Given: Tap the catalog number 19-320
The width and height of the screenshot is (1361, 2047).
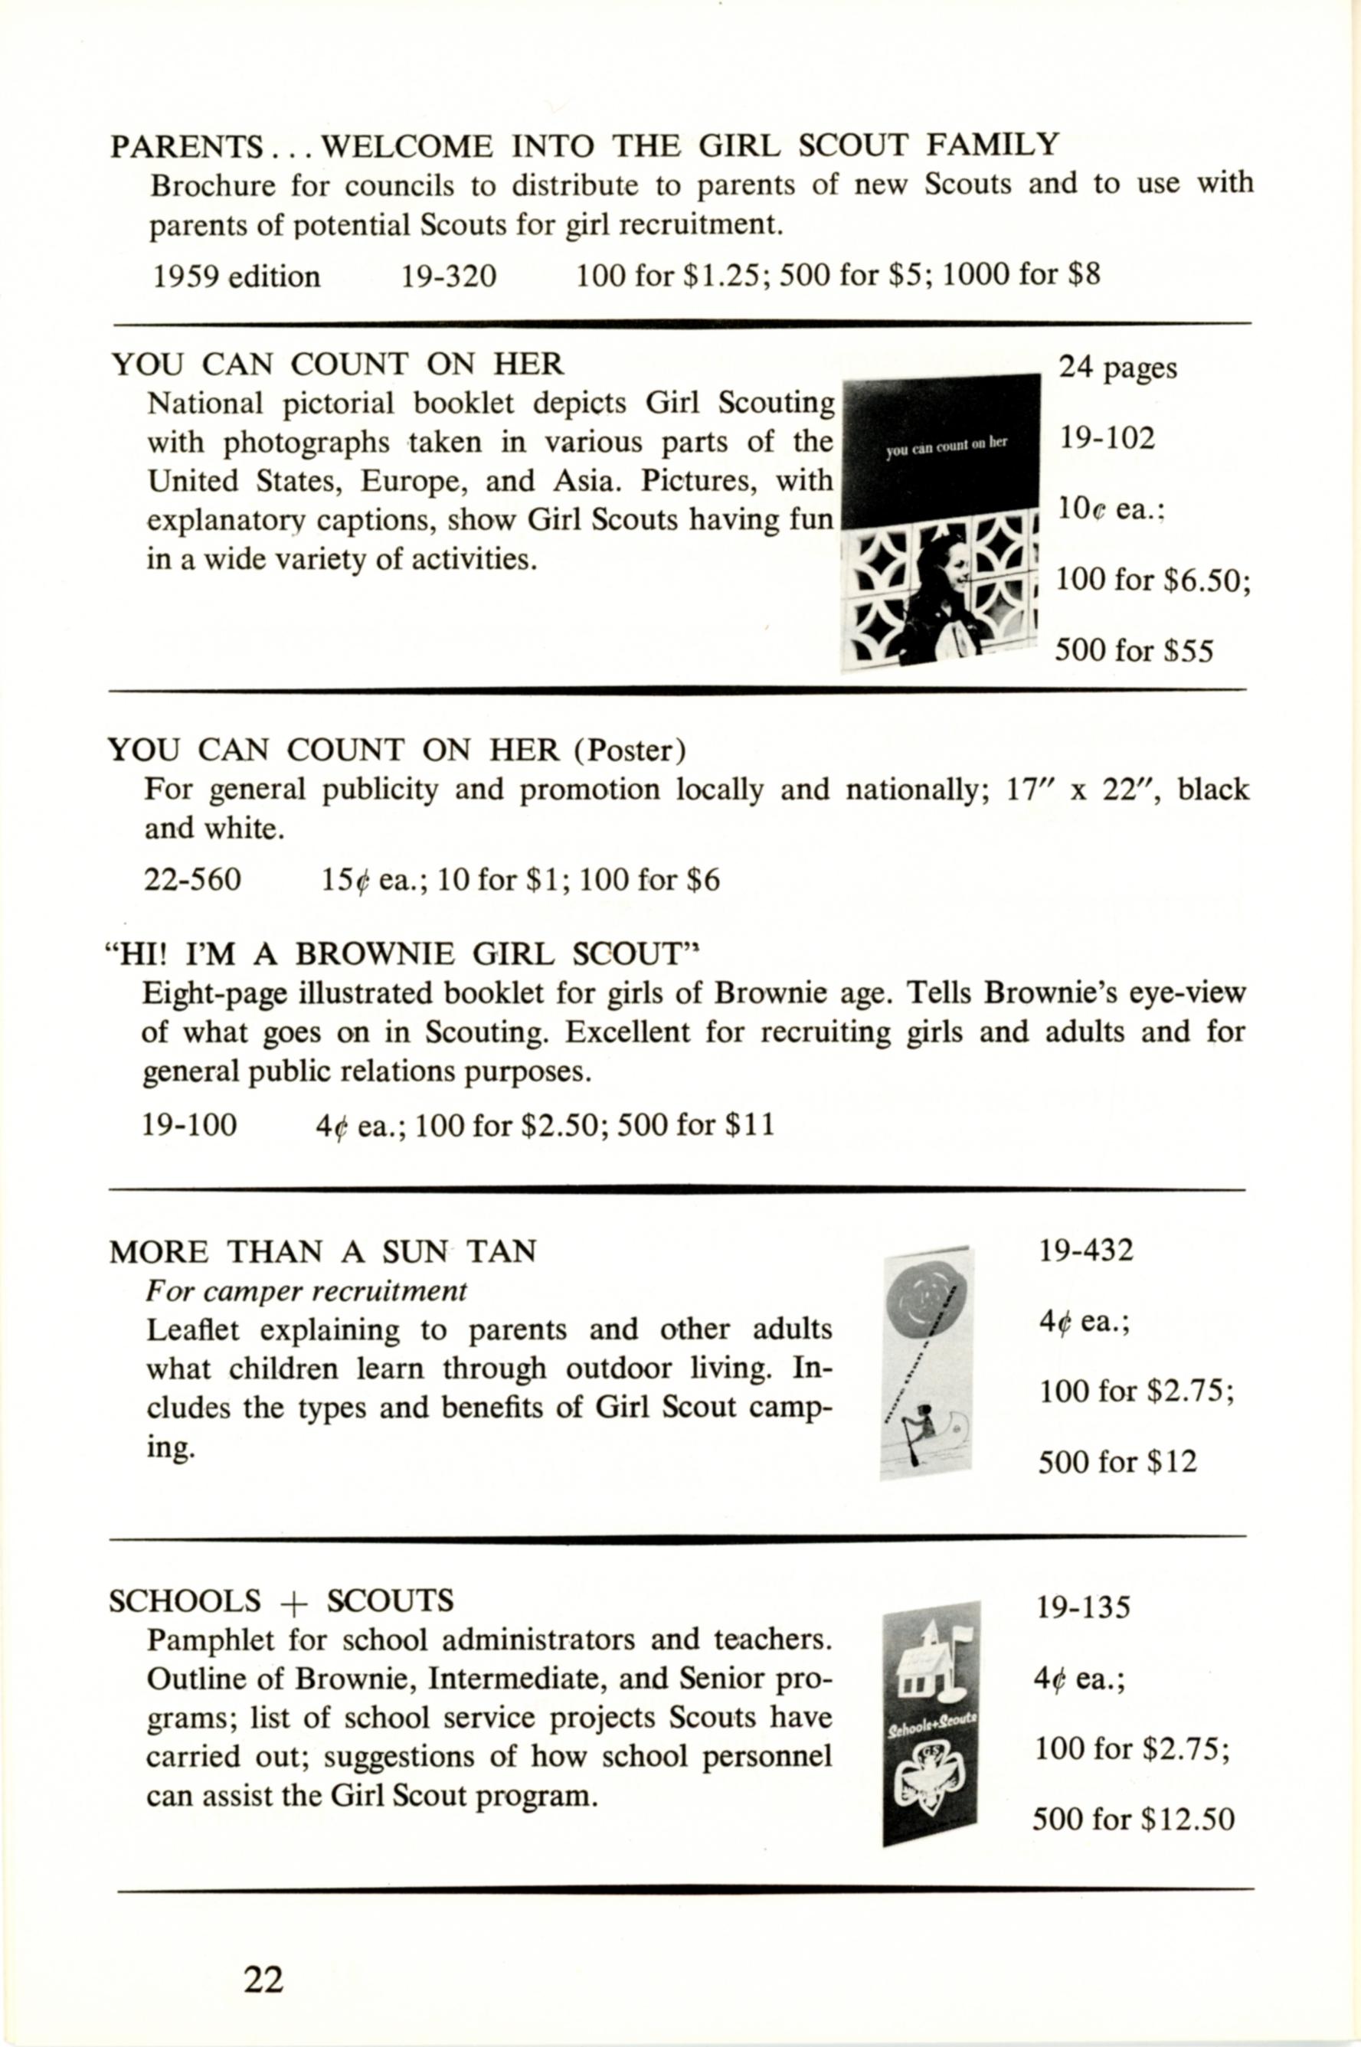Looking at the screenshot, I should point(448,276).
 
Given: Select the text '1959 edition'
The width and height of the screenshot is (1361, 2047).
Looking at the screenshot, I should point(236,276).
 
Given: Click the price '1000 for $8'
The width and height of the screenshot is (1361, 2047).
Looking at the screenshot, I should point(1021,275).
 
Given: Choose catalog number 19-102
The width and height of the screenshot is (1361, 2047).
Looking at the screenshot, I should point(1107,438).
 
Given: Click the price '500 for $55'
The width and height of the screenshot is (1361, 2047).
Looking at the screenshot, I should point(1133,651).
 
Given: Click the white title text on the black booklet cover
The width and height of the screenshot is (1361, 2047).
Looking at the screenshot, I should point(946,444).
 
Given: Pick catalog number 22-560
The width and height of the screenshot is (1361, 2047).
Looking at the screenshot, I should point(193,880).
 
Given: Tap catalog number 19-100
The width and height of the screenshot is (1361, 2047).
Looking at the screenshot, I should point(189,1126).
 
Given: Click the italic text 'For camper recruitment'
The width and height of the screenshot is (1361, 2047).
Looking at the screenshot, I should point(306,1291).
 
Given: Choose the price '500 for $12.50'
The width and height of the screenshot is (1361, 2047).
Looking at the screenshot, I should point(1133,1819).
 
